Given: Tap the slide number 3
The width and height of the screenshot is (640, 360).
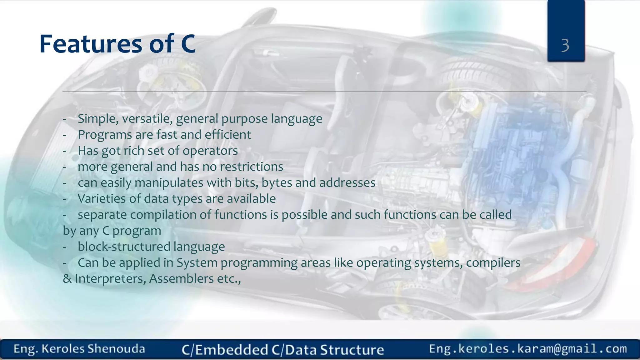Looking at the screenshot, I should tap(565, 46).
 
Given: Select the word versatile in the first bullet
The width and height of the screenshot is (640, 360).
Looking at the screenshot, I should tap(147, 119).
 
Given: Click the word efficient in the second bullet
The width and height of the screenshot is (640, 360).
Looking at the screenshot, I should tap(227, 135).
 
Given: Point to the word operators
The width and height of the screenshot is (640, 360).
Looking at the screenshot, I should tap(210, 151).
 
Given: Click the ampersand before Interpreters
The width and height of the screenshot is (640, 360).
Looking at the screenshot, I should tap(67, 279).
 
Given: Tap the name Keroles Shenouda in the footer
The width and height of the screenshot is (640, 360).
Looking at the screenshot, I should tap(93, 349).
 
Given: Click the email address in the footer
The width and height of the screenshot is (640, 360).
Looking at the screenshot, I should tap(528, 349).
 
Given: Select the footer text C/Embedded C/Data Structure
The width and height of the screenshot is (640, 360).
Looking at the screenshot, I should tap(282, 350).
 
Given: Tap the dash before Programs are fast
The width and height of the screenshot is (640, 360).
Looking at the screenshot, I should tap(64, 135).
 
